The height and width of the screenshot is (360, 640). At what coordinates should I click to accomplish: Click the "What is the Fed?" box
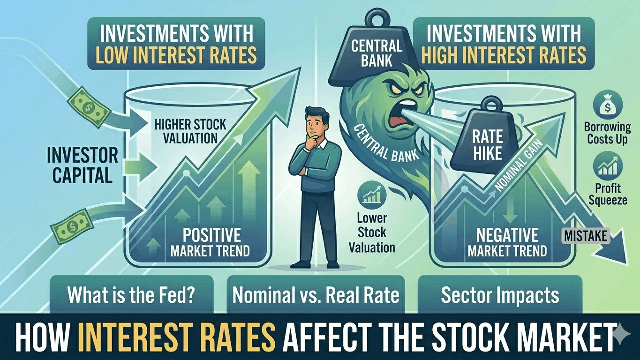coord(131,295)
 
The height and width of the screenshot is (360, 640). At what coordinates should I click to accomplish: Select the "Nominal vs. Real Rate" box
coord(316,295)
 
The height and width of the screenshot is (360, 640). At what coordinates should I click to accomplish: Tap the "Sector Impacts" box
coord(500,295)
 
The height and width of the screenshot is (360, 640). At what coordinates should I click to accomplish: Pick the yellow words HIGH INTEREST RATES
coord(504,55)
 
